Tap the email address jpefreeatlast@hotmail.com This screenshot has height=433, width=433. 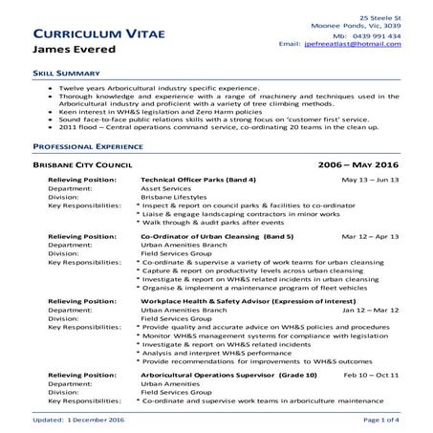366,45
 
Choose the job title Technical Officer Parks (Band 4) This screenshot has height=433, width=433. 198,180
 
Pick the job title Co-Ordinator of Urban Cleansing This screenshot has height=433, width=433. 203,235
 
